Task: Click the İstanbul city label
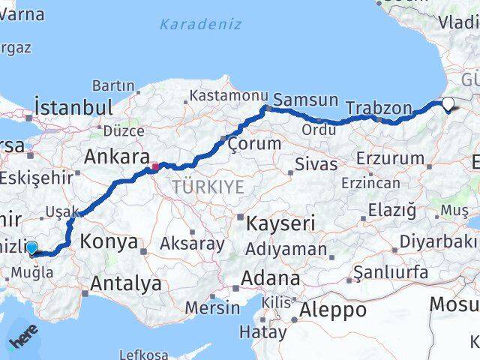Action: (x=73, y=106)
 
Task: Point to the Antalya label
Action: (x=125, y=283)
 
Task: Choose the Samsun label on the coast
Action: (x=305, y=100)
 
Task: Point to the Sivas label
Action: (x=316, y=163)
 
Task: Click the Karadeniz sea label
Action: (x=200, y=24)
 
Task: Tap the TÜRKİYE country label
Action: (x=208, y=186)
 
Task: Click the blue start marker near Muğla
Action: (x=31, y=248)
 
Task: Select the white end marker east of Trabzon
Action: (x=448, y=104)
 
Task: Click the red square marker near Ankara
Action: (x=154, y=167)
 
